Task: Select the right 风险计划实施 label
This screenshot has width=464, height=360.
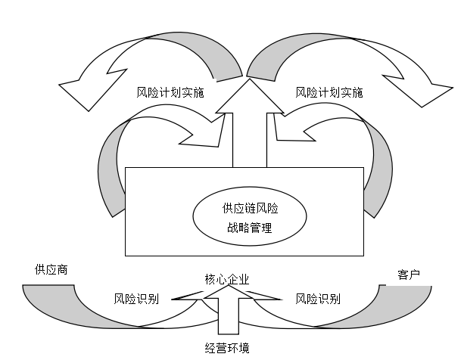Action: pos(329,93)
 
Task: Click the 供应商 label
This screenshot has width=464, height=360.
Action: pos(48,268)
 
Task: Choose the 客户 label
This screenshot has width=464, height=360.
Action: pos(408,274)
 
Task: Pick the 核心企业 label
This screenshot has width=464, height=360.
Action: pos(227,280)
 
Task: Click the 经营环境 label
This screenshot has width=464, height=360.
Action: pos(227,348)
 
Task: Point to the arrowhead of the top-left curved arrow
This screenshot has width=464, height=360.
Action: pos(76,88)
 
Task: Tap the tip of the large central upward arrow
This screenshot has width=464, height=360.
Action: pos(244,82)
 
